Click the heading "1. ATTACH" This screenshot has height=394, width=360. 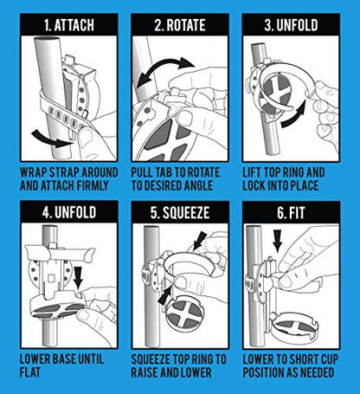(x=69, y=25)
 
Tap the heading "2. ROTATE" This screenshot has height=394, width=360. (x=180, y=25)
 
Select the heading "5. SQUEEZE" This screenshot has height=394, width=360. (x=180, y=213)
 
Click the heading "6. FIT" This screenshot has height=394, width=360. (x=291, y=213)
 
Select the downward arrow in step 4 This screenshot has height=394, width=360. (x=78, y=277)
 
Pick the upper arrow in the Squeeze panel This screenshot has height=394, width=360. (x=200, y=240)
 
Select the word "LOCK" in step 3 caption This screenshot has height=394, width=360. (x=254, y=185)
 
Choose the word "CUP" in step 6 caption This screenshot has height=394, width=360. (x=328, y=359)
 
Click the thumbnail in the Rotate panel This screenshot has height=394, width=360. (x=184, y=118)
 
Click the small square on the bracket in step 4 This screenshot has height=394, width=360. (x=51, y=278)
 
